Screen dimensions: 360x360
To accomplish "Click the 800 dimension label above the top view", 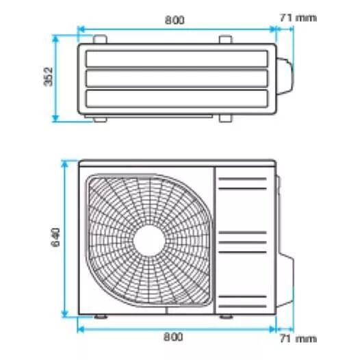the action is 175,21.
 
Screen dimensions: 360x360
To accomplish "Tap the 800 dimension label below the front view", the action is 173,337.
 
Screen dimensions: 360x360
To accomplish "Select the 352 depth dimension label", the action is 48,77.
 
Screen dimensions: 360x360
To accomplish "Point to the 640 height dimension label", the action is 55,237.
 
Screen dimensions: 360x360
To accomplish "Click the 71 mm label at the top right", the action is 298,18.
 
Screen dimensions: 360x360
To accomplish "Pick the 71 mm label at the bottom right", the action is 298,339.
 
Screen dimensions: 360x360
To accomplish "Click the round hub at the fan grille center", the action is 149,240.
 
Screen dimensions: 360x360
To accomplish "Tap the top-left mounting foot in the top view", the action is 100,39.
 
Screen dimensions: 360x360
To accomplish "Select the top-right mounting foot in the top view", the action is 225,39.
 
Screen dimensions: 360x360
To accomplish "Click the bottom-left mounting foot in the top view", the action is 100,119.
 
